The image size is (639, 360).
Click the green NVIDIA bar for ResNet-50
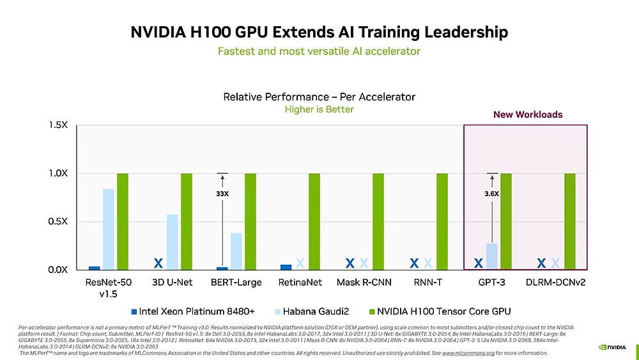coord(123,221)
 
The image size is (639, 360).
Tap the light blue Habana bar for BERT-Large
coord(236,251)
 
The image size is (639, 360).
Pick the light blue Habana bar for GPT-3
coord(492,256)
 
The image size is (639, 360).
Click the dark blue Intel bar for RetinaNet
coord(286,267)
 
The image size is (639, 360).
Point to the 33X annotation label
coord(222,192)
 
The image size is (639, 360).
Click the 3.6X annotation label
coord(491,192)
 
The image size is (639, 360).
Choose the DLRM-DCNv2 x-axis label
coord(555,281)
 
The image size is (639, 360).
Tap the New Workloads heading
coord(528,114)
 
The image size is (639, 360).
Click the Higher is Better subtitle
coord(319,109)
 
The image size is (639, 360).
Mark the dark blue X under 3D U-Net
coord(158,263)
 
